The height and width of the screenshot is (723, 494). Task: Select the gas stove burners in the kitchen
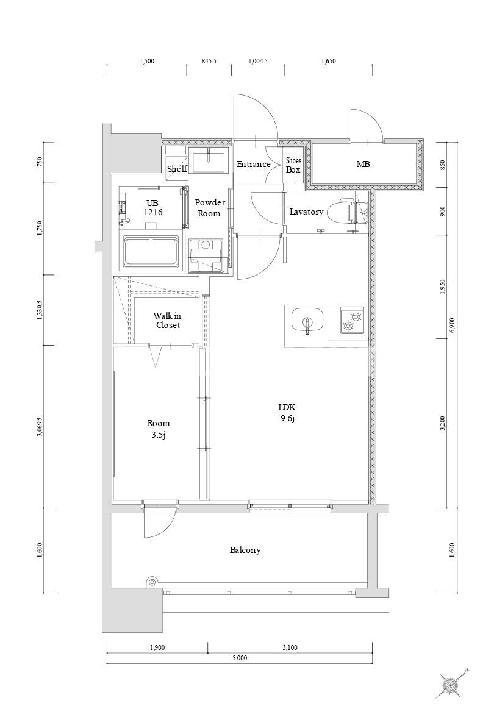pos(352,321)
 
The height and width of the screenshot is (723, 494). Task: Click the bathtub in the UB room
pos(151,252)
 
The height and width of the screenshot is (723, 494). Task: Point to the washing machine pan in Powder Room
pos(207,255)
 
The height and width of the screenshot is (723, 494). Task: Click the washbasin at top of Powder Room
pos(209,162)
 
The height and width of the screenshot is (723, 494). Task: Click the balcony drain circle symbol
pos(152,582)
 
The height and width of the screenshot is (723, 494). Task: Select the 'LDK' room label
pos(286,407)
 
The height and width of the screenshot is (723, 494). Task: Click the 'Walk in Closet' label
pos(167,321)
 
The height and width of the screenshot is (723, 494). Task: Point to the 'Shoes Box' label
pos(293,165)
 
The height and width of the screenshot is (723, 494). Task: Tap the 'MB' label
pos(363,164)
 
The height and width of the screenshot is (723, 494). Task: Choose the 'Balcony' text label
pos(245,550)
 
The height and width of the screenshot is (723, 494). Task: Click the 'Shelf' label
pos(177,169)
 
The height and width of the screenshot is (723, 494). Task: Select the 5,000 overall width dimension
pos(240,658)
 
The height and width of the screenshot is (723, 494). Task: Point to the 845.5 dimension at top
pos(209,61)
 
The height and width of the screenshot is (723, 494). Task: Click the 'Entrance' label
pos(254,164)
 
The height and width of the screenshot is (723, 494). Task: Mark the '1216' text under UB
pos(152,212)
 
